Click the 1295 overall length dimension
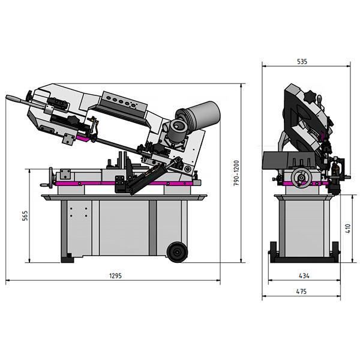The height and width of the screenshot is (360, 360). coord(116,276)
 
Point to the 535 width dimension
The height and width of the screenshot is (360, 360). coord(302,61)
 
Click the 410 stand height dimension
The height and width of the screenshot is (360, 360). coord(347,228)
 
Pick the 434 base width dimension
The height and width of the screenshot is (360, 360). coord(304,275)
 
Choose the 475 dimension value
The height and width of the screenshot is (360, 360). coord(301,292)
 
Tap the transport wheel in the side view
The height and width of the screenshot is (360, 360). coord(177,252)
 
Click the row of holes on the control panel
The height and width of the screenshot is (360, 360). coord(123,103)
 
